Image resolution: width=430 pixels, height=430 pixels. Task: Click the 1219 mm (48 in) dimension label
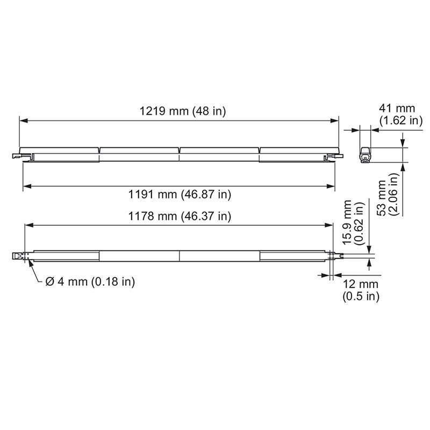[x=182, y=112]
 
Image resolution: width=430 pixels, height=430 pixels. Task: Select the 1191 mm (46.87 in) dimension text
[x=183, y=194]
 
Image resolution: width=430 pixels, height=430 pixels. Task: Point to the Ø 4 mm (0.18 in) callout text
[x=90, y=282]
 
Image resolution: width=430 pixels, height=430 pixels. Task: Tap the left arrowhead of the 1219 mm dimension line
[x=23, y=121]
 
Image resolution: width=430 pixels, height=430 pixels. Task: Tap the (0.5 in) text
[x=361, y=296]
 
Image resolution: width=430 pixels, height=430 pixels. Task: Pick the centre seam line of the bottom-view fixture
[x=179, y=256]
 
